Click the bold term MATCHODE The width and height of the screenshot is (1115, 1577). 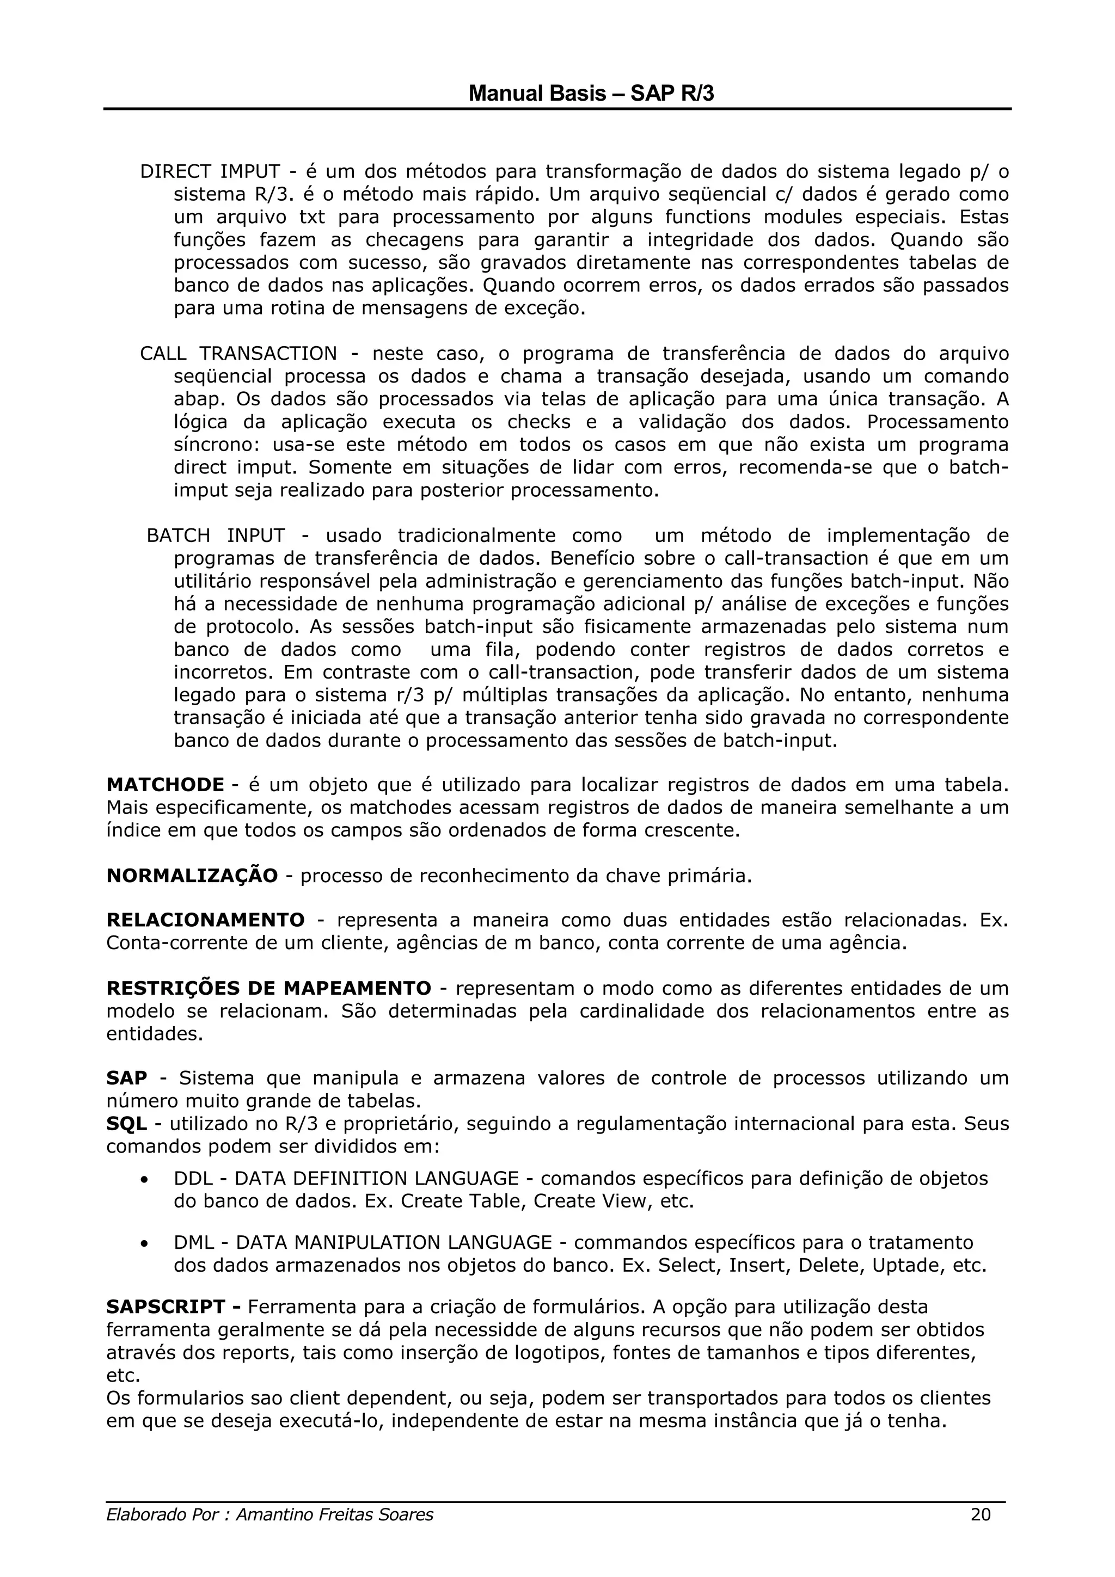coord(165,784)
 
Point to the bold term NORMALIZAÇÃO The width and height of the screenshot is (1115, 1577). coord(192,876)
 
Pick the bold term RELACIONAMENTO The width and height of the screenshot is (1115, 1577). coord(205,920)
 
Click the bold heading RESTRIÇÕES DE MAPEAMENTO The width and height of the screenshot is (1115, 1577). coord(268,988)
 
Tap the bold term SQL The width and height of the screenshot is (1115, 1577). coord(126,1124)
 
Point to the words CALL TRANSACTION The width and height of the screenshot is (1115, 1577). coord(238,354)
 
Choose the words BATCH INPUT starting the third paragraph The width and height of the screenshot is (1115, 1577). coord(216,536)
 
